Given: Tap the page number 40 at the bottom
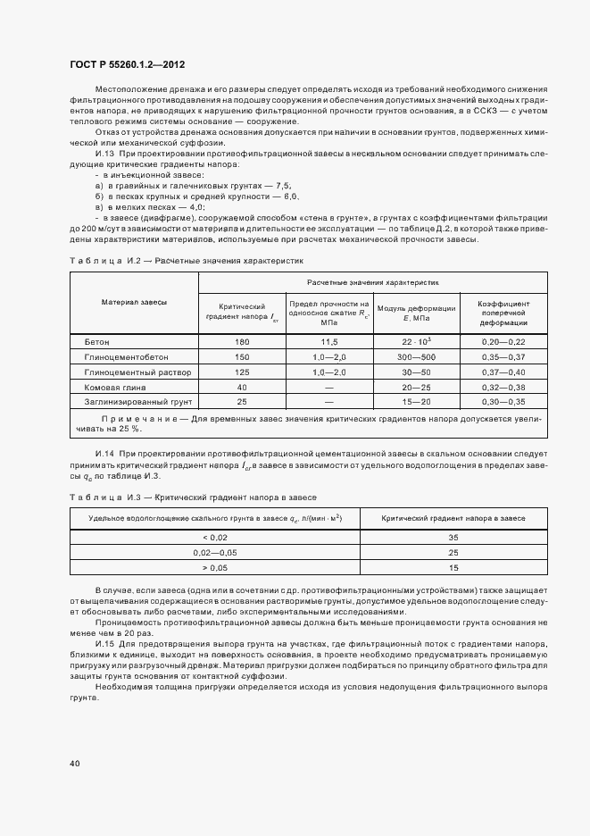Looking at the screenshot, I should coord(75,763).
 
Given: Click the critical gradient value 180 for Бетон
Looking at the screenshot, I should coord(241,341).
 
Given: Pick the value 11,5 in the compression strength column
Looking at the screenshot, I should coord(328,341).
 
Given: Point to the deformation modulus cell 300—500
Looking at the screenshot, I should coord(416,356).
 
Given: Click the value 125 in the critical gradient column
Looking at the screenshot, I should coord(241,372).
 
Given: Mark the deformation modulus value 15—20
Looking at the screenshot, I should coord(416,402).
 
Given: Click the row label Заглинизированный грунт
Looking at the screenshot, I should coord(132,402).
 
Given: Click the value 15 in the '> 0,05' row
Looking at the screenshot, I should coord(453,567).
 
